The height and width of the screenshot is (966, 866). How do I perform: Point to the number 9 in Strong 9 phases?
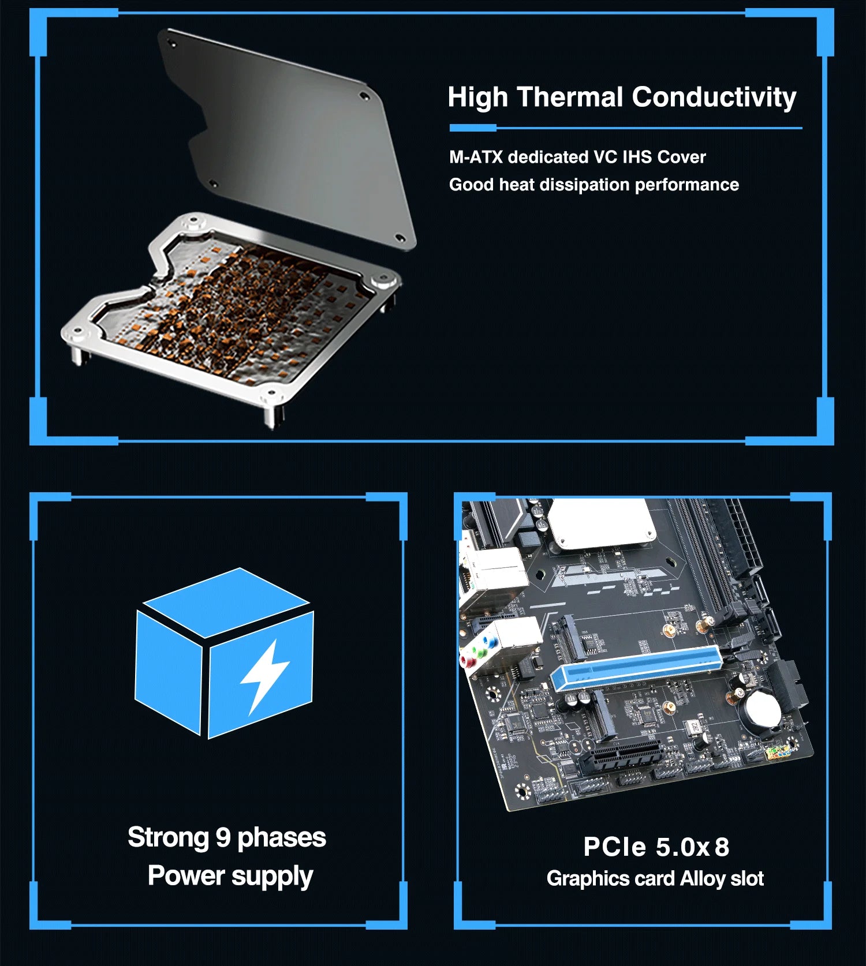(x=223, y=837)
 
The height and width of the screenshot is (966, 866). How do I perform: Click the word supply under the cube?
(x=271, y=876)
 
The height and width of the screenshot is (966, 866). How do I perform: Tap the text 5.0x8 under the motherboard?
(x=692, y=847)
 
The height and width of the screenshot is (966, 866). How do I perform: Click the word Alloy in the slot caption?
(x=702, y=878)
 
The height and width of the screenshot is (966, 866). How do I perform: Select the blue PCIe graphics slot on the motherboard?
(x=635, y=668)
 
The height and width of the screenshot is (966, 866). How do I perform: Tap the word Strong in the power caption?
(x=167, y=837)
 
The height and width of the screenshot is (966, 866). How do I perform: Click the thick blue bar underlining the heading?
(x=472, y=128)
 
